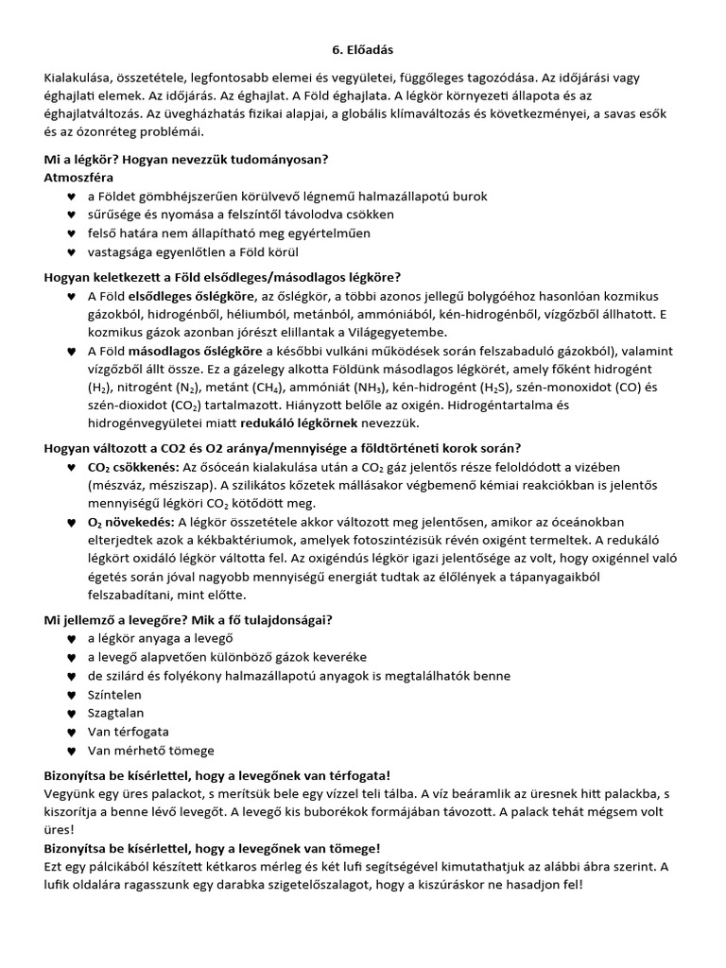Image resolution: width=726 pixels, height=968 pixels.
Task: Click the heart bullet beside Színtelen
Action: coord(71,695)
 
